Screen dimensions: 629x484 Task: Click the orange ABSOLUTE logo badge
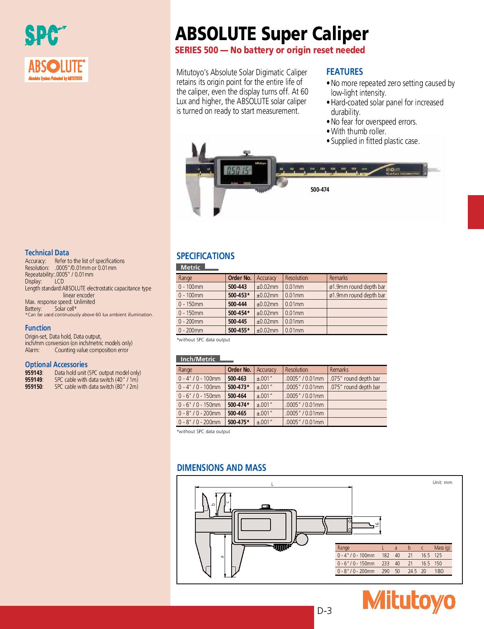tap(56, 70)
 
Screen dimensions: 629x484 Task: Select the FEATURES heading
tap(344, 72)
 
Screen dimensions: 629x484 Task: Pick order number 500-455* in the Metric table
tap(239, 330)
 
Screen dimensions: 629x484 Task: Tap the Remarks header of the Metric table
tap(338, 278)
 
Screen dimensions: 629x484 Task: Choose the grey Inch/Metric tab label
tap(198, 359)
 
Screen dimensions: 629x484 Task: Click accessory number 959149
tap(34, 380)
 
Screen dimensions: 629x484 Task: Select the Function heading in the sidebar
tap(38, 328)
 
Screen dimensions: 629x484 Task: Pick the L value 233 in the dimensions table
tap(385, 563)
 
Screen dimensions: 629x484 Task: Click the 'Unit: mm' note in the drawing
tap(442, 482)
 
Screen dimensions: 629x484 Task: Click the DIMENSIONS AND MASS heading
tap(221, 468)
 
